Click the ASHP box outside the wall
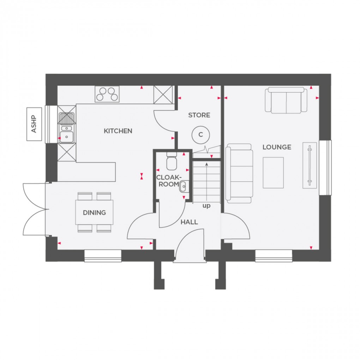tap(34, 124)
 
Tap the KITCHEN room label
tap(118, 131)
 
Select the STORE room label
tap(199, 115)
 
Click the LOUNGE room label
tap(277, 147)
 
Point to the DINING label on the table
tap(94, 212)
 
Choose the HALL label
tap(189, 222)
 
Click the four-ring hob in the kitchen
tap(107, 94)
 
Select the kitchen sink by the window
tap(66, 127)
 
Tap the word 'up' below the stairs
tap(206, 205)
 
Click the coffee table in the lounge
tap(273, 172)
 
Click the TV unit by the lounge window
tap(309, 165)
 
